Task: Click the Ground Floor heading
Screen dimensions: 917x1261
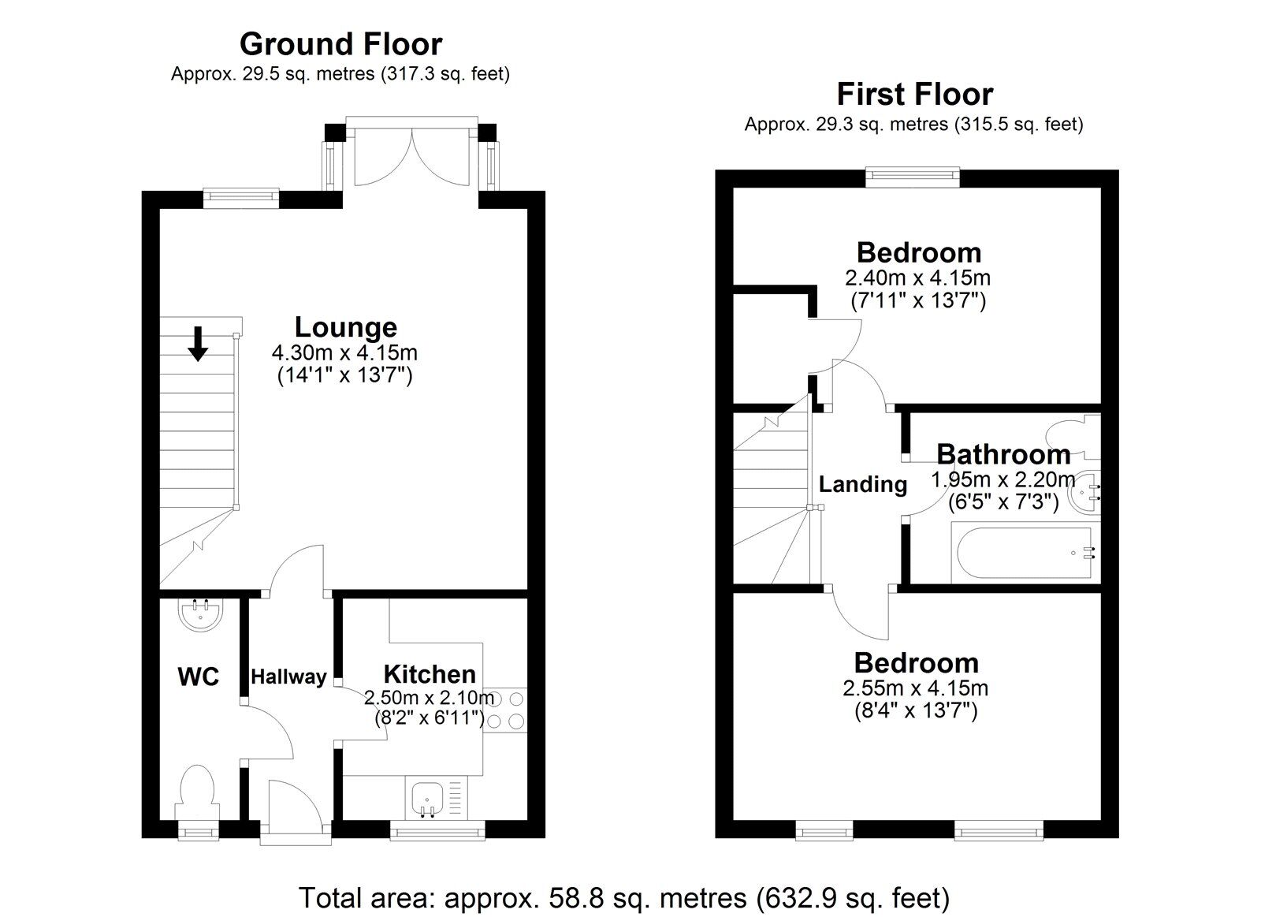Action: click(x=340, y=44)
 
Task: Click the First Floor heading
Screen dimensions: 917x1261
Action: click(x=914, y=95)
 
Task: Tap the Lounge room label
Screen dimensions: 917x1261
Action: click(x=345, y=327)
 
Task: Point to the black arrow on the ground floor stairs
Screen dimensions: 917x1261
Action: click(x=198, y=344)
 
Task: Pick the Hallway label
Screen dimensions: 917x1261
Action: click(x=288, y=677)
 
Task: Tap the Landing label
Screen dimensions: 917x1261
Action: click(x=863, y=484)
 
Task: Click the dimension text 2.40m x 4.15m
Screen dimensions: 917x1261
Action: click(x=918, y=278)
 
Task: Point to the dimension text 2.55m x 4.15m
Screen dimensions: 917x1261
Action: click(x=916, y=688)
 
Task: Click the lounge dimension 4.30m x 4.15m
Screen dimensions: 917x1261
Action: click(x=344, y=352)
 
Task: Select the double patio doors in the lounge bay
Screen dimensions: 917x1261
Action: click(x=411, y=158)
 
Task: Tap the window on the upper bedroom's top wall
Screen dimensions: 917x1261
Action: click(x=912, y=177)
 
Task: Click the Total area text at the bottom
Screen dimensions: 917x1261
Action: click(x=623, y=898)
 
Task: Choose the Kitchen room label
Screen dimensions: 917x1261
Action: click(x=430, y=674)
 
